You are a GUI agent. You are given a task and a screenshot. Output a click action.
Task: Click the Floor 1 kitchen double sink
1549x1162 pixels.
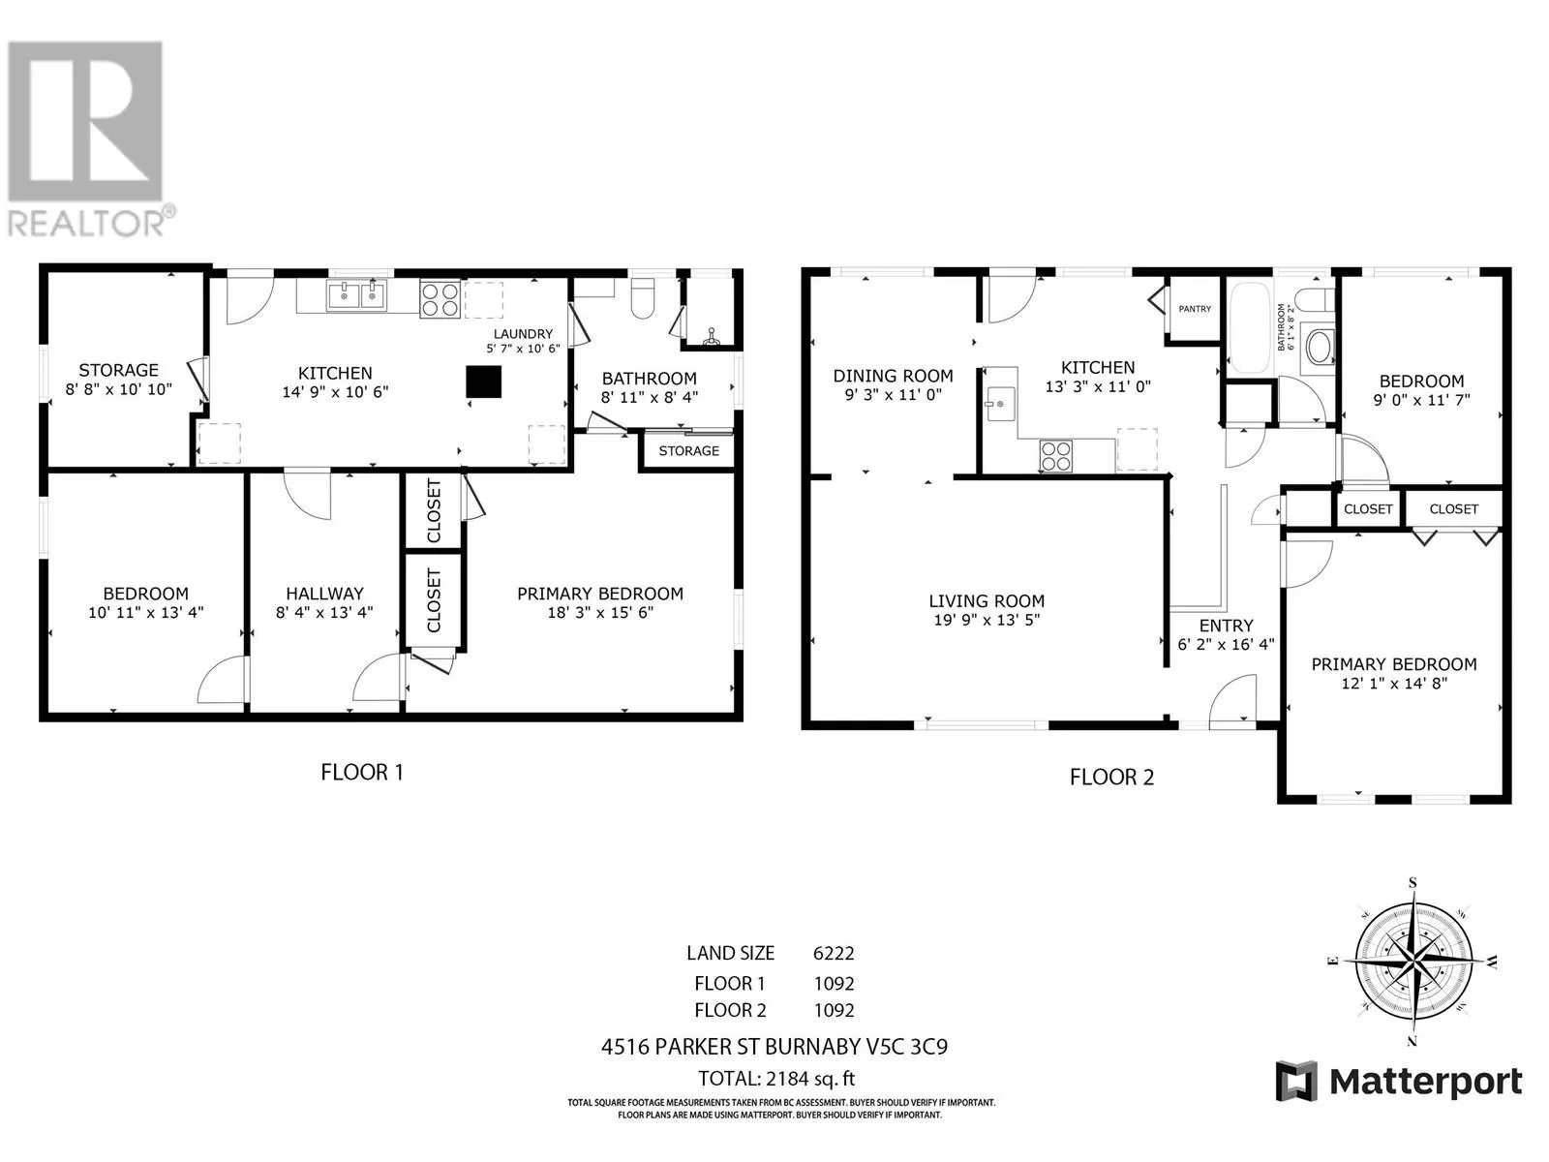(x=356, y=294)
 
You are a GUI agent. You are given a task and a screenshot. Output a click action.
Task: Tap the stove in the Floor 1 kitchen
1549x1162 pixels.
(x=440, y=299)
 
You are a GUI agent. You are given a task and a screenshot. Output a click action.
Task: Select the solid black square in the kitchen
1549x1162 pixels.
(x=484, y=381)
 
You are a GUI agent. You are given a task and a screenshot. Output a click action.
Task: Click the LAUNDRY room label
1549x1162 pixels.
(x=523, y=334)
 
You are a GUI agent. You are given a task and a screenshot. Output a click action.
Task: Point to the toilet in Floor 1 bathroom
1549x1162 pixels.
(x=643, y=300)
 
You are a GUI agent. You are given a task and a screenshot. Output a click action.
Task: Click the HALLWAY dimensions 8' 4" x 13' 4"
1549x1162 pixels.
(x=324, y=612)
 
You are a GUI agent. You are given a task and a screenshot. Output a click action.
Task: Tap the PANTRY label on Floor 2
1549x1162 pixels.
(x=1195, y=309)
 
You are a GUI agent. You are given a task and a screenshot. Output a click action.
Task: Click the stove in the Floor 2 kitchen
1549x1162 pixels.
(x=1056, y=455)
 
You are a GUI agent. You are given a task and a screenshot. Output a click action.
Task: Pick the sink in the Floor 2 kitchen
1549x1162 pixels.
(x=998, y=403)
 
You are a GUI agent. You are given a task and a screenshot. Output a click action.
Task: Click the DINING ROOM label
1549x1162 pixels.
(x=893, y=376)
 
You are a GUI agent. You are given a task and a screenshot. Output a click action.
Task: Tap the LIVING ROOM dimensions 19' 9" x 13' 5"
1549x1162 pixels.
(x=987, y=621)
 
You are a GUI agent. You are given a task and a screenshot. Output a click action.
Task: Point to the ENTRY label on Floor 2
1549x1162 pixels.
(x=1226, y=626)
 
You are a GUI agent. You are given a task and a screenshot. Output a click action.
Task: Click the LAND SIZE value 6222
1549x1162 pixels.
(x=834, y=953)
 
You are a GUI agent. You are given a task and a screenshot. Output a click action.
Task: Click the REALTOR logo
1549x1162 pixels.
(x=87, y=136)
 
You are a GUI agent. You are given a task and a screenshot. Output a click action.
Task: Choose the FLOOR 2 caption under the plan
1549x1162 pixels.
(x=1111, y=777)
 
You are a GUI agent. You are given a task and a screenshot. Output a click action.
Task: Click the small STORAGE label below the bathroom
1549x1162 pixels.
(x=688, y=451)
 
